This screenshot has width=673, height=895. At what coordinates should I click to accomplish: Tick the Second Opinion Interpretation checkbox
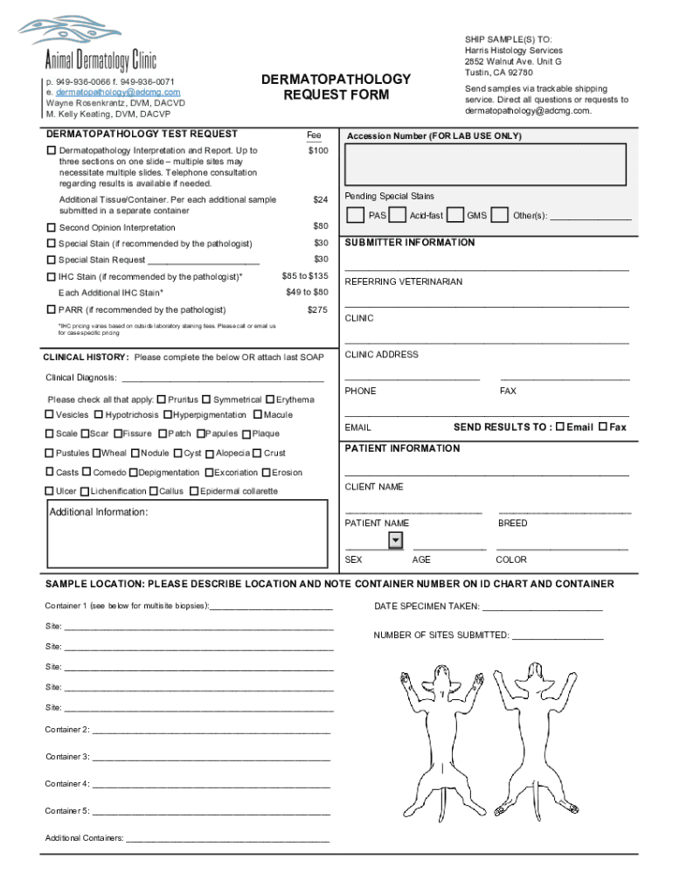(x=51, y=227)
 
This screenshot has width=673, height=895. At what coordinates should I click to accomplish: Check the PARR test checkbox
(x=51, y=309)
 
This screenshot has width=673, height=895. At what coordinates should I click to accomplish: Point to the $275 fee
(x=318, y=309)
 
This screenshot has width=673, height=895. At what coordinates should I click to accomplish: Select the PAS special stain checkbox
(x=355, y=215)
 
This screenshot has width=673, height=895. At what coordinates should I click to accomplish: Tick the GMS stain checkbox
(x=454, y=215)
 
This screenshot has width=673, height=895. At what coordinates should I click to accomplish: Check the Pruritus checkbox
(x=162, y=399)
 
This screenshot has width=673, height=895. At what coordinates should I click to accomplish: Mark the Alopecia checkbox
(x=210, y=453)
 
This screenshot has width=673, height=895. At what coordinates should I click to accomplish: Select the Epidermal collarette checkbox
(x=194, y=491)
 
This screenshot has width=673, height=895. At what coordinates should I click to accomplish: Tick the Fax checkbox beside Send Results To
(x=602, y=427)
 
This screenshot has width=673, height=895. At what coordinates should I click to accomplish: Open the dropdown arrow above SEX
(x=395, y=541)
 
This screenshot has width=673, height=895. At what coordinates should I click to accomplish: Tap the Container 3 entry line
(x=211, y=758)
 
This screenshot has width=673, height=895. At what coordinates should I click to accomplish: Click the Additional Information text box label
(x=99, y=512)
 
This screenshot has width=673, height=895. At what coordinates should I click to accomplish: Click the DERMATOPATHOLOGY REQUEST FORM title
(x=336, y=87)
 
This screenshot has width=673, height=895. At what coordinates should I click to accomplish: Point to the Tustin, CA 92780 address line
(x=499, y=73)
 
